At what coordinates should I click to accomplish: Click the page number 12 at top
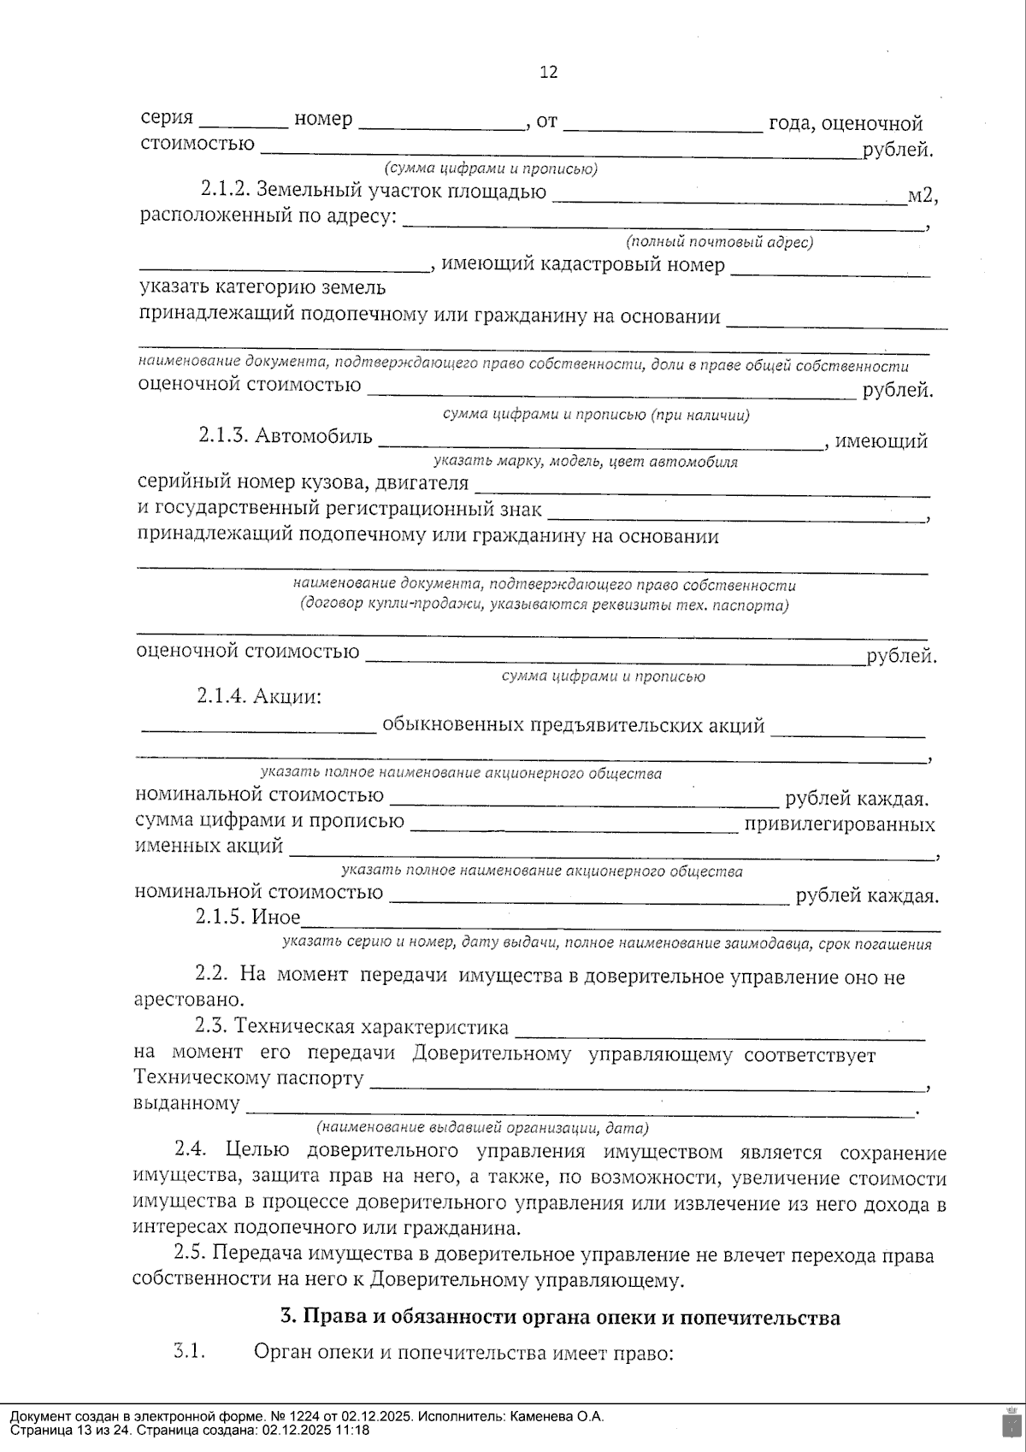coord(549,72)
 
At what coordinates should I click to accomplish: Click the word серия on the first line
coord(167,119)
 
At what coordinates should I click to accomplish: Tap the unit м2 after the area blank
coord(922,196)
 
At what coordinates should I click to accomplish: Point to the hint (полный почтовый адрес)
coord(719,242)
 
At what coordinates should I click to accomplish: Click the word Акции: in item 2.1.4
coord(286,697)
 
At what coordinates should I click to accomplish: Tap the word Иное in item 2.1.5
coord(275,918)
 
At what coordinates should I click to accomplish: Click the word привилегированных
coord(840,825)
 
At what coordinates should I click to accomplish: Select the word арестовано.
coord(188,1000)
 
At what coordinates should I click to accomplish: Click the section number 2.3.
coord(211,1025)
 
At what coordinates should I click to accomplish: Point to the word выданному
coord(186,1103)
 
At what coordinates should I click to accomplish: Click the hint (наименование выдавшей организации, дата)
coord(482,1127)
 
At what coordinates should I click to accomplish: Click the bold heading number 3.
coord(287,1318)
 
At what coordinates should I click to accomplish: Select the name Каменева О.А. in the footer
coord(557,1416)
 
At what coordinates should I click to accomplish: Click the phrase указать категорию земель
coord(262,288)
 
